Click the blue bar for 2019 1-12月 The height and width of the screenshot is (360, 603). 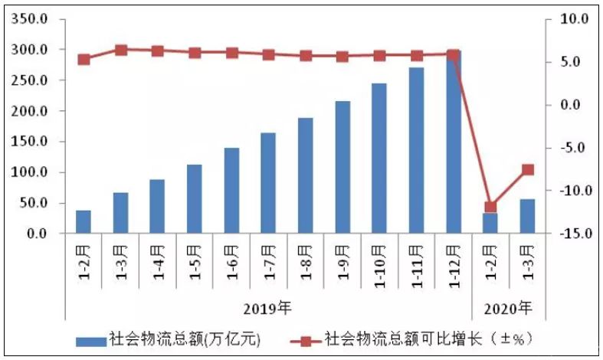[x=453, y=142]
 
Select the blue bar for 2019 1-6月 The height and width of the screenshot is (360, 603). [x=231, y=191]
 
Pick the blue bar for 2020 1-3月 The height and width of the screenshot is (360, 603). [x=527, y=216]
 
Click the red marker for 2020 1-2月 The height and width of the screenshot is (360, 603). [x=490, y=207]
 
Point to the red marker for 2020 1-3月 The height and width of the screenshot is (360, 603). [x=527, y=169]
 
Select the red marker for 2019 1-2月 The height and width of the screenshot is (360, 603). [x=84, y=59]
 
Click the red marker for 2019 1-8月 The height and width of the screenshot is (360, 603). [x=306, y=55]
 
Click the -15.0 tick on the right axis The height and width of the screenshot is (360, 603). [x=572, y=234]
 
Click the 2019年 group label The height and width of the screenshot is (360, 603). [x=267, y=309]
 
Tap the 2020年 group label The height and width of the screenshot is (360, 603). [x=508, y=309]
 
